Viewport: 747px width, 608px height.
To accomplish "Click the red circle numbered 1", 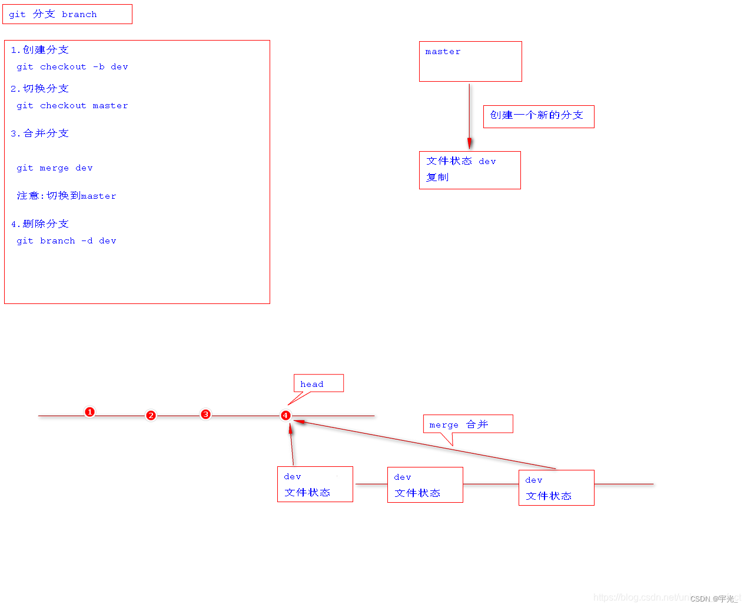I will [x=89, y=412].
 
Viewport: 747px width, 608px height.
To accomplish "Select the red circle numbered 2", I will [x=151, y=416].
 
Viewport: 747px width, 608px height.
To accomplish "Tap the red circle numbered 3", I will [x=205, y=415].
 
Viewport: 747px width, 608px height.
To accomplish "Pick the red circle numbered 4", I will [x=285, y=416].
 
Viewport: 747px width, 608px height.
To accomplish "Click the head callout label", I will [x=318, y=384].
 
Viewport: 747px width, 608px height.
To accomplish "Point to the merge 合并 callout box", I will [x=467, y=424].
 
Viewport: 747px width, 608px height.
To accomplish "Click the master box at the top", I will [x=470, y=61].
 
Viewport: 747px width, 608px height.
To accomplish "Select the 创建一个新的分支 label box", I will [x=539, y=116].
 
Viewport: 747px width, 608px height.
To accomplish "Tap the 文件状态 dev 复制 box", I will [x=470, y=170].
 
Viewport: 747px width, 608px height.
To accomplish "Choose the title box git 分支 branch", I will [x=67, y=14].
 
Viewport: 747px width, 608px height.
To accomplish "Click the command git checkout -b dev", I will [x=72, y=67].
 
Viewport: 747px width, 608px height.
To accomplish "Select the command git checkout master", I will [x=72, y=106].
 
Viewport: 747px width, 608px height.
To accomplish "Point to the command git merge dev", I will [x=55, y=168].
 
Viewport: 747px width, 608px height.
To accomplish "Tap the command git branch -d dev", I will [x=67, y=241].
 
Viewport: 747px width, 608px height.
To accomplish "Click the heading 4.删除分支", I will [x=40, y=224].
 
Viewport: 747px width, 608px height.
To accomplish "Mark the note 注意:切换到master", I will [x=67, y=196].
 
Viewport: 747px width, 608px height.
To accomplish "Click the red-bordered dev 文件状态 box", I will [x=425, y=485].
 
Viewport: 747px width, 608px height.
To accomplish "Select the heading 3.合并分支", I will [x=40, y=133].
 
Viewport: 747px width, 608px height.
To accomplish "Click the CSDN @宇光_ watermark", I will [x=713, y=599].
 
